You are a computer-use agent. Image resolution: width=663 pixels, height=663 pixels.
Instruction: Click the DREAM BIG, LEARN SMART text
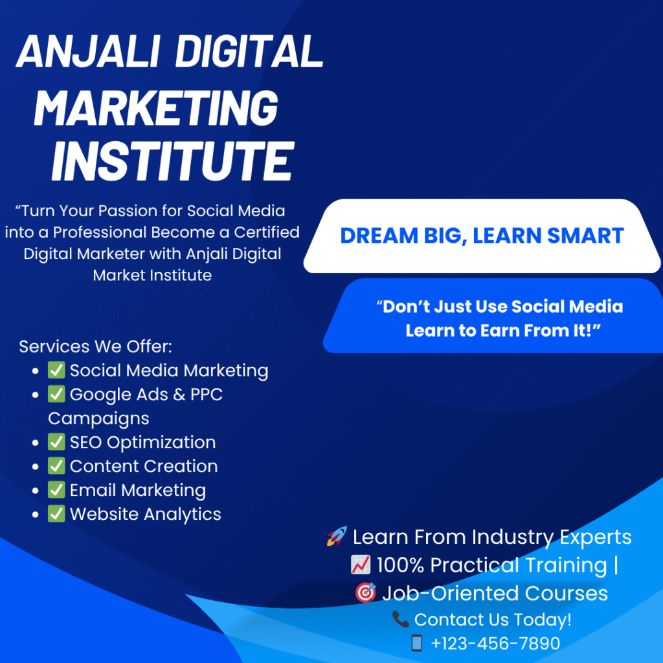coord(482,236)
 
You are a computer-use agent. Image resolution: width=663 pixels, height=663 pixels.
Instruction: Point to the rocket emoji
coord(337,536)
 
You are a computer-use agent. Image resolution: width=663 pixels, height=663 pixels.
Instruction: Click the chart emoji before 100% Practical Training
coord(360,565)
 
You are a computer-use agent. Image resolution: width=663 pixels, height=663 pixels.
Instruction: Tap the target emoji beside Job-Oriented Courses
coord(365,593)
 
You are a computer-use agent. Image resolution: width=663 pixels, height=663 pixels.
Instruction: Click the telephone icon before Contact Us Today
coord(400,620)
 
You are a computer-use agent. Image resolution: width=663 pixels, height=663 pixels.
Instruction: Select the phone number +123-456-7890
coord(495,643)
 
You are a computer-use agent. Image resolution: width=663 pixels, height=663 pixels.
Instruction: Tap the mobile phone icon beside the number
coord(416,643)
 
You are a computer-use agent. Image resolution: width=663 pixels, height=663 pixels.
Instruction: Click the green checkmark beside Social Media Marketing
coord(57,370)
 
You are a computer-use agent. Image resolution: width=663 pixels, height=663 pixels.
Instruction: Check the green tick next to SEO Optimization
coord(57,442)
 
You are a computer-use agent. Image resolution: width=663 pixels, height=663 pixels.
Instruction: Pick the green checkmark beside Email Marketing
coord(57,490)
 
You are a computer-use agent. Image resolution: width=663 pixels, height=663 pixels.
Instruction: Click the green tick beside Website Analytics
coord(57,514)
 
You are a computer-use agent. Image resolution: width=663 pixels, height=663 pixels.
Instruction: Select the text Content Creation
coord(144,466)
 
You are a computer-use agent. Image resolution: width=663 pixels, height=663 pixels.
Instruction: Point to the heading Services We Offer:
coord(96,346)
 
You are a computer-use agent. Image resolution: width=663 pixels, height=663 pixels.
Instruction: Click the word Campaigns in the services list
coord(98,418)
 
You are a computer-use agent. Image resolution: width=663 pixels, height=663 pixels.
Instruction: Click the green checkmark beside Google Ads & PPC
coord(57,394)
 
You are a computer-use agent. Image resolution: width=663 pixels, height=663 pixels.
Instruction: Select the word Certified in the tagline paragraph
coord(267,232)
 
